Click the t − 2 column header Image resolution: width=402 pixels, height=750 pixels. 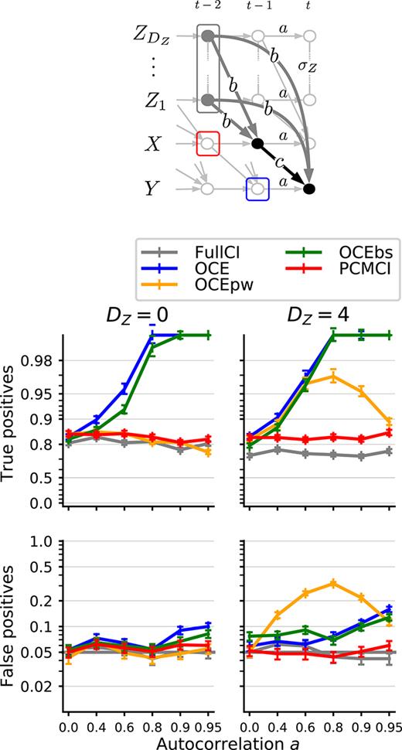pyautogui.click(x=207, y=7)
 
